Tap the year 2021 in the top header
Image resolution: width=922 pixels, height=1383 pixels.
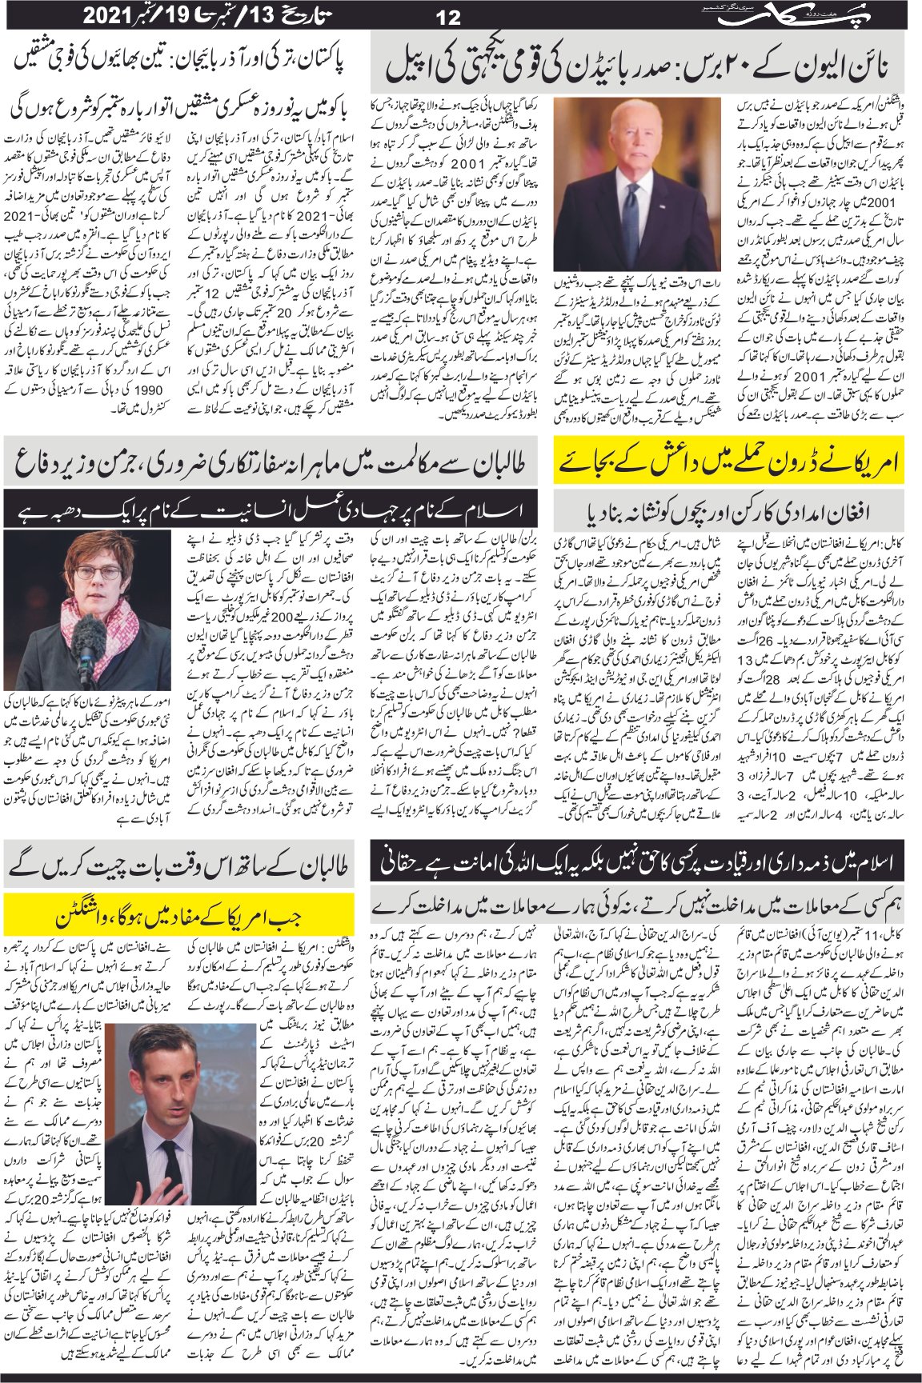tap(104, 15)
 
